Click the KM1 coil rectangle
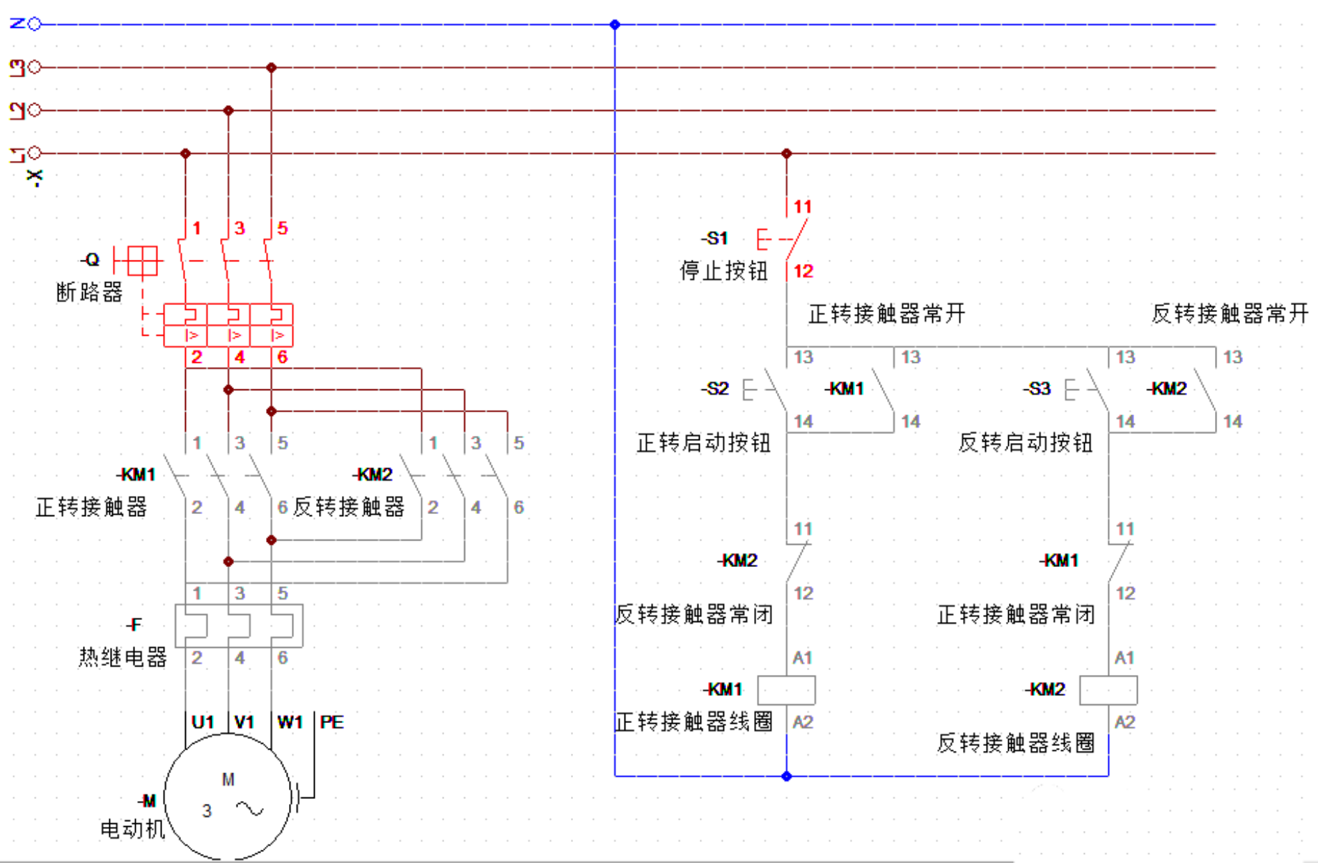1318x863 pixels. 786,690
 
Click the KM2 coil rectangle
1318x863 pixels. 1108,690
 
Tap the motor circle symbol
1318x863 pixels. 228,796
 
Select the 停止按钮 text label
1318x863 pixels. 723,271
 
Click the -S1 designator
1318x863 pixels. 714,238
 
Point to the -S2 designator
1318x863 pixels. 715,389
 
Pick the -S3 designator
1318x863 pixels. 1037,389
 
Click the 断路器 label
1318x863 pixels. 89,292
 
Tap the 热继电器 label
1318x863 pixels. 123,657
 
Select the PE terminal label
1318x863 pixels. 331,722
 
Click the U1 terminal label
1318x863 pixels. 203,722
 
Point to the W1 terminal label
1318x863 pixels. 290,722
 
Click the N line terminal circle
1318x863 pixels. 34,24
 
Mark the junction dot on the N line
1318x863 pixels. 615,24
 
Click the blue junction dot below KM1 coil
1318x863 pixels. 786,776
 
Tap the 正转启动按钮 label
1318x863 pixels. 703,443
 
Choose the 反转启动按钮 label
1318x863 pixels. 1025,443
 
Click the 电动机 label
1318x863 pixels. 132,829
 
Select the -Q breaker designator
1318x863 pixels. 91,260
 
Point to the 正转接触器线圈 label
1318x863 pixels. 693,722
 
